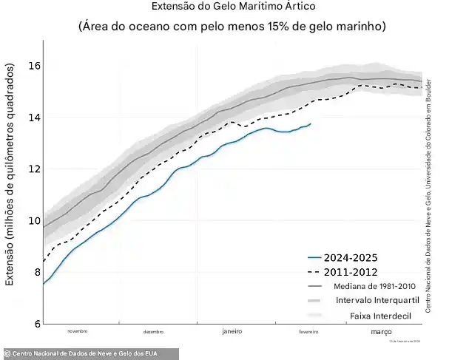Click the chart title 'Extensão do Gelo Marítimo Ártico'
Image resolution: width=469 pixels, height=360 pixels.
pos(233,7)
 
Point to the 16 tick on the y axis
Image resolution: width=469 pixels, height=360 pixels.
pos(34,66)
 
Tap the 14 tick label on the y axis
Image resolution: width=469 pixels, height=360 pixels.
pos(34,118)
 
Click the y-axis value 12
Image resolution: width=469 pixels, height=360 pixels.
pos(34,169)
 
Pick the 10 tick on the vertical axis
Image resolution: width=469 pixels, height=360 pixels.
pos(34,221)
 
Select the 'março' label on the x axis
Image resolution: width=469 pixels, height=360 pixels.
pos(381,332)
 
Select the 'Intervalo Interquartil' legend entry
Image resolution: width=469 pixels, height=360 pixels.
pos(377,301)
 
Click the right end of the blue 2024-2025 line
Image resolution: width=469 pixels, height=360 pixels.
pos(310,123)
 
